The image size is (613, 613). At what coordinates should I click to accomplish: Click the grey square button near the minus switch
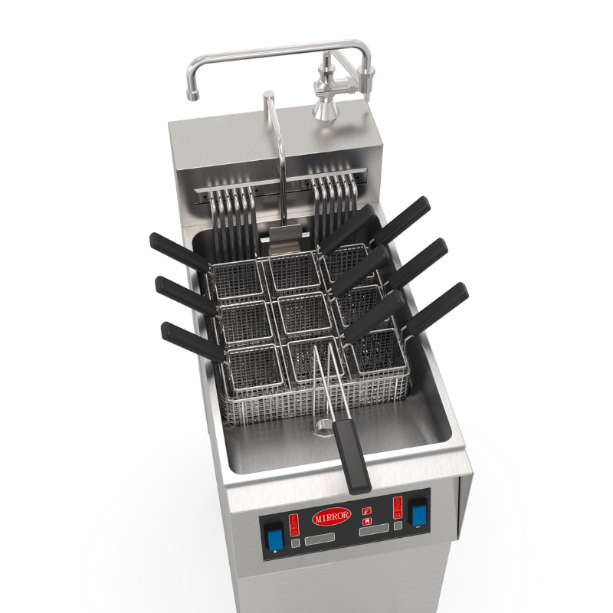pyautogui.click(x=398, y=526)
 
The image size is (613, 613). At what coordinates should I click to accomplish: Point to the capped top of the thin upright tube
pyautogui.click(x=268, y=97)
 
